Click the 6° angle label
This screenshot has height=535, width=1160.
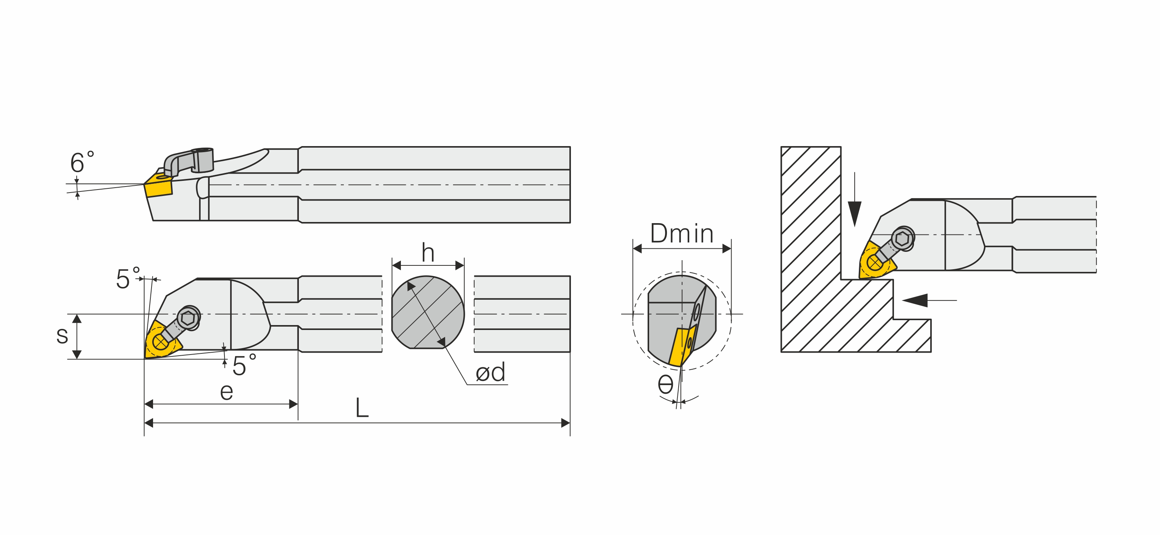[x=82, y=162]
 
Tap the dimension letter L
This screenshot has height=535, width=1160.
[x=362, y=408]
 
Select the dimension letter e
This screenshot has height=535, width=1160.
[x=226, y=392]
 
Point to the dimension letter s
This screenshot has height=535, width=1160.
[x=62, y=336]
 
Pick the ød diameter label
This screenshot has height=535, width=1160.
[x=490, y=372]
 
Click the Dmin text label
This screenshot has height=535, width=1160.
[x=682, y=234]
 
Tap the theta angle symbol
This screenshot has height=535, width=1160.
[x=665, y=384]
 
